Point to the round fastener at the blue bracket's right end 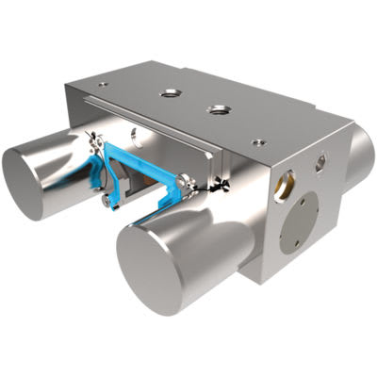pos(184,185)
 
